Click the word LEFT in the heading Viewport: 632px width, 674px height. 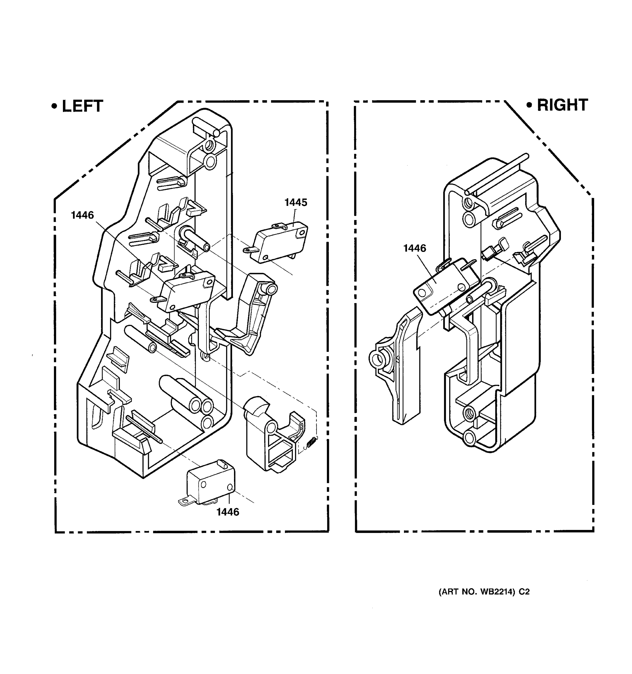pyautogui.click(x=82, y=106)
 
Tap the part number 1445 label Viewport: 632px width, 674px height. pyautogui.click(x=296, y=202)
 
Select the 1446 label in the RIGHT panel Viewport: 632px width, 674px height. pyautogui.click(x=414, y=248)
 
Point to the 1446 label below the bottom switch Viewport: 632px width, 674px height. pyautogui.click(x=228, y=512)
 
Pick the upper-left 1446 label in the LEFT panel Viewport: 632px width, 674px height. pyautogui.click(x=82, y=215)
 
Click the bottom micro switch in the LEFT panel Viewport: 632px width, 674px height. pyautogui.click(x=210, y=483)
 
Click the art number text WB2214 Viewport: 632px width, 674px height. pyautogui.click(x=496, y=592)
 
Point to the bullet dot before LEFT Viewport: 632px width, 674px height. pyautogui.click(x=54, y=106)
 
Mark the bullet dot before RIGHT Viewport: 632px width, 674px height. pyautogui.click(x=529, y=105)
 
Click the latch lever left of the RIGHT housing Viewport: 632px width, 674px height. pyautogui.click(x=398, y=366)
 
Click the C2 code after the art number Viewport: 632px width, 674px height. pyautogui.click(x=524, y=592)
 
